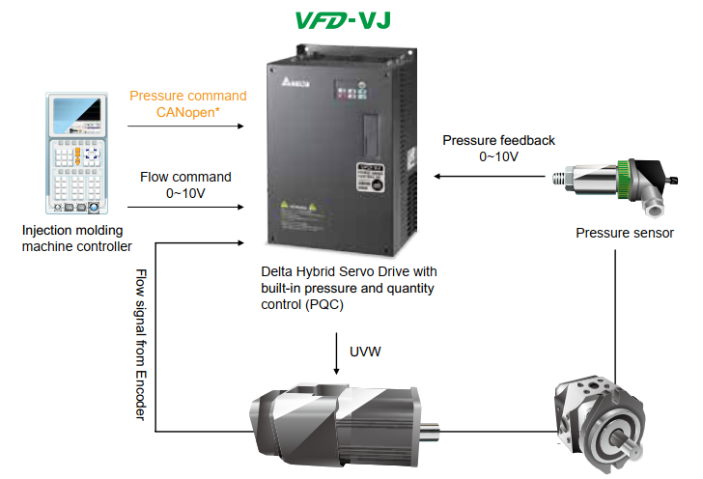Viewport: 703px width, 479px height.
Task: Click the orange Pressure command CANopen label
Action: (187, 103)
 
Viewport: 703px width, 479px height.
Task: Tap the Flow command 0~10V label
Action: (185, 184)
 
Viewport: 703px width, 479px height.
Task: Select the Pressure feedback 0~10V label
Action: (498, 148)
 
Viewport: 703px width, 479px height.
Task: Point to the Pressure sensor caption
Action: (624, 233)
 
